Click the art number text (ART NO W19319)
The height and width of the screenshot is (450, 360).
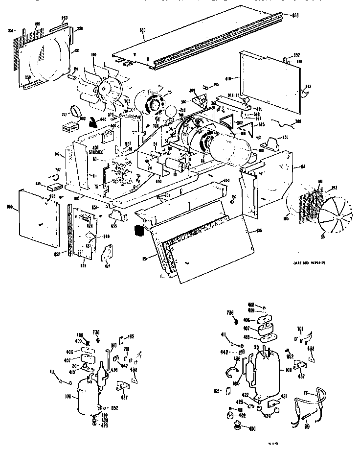tap(311, 263)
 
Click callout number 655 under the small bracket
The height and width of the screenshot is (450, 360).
tap(113, 227)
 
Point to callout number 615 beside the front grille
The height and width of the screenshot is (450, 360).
tap(259, 231)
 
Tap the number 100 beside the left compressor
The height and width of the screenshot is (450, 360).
tap(67, 396)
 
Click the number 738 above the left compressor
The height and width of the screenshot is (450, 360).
tap(96, 332)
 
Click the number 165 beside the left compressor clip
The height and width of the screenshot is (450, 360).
tap(131, 336)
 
